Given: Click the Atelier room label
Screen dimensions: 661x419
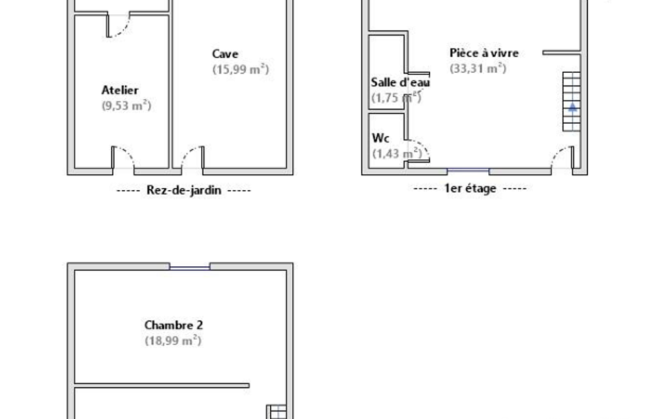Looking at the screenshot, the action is coord(120,90).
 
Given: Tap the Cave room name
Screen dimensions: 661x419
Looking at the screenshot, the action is coord(225,54).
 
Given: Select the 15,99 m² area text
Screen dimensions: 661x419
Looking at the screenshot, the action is coord(241,69).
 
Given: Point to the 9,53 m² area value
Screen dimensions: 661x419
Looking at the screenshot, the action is coord(126,105).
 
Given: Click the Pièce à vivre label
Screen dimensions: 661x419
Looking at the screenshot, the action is coord(484,53).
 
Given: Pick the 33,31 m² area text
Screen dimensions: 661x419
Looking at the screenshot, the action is coord(478,68).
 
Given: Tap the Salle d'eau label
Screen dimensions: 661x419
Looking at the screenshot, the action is coord(400,83).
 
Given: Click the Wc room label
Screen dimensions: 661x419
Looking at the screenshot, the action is coord(380,138).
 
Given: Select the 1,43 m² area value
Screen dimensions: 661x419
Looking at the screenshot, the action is coord(397,153).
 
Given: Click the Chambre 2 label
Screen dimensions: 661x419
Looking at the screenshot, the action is coord(173,326).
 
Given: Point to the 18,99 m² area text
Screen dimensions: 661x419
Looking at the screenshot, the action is coord(173,340).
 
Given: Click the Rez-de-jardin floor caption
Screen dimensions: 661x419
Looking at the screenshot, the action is coord(184,190).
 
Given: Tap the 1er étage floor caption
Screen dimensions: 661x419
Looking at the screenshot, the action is coord(470,188).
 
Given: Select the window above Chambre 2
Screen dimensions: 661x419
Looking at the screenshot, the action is coord(190,267).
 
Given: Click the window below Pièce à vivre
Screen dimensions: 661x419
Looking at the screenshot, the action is coord(468,171).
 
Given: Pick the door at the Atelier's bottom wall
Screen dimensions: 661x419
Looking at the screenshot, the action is coord(123,158).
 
